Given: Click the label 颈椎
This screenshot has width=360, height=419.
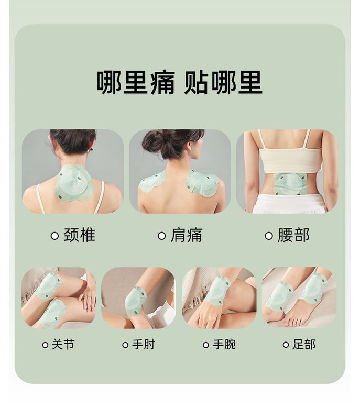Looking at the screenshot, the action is point(79,235).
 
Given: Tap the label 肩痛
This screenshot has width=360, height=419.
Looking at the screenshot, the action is point(187,235).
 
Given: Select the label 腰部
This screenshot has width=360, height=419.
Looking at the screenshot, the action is point(293,235).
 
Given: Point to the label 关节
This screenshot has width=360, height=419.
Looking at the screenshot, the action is point(63,344).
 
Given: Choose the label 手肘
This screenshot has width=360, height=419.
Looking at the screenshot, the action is point(144,344).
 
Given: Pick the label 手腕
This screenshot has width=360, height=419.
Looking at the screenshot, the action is point(224,344).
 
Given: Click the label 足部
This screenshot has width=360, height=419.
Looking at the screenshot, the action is point(304,344).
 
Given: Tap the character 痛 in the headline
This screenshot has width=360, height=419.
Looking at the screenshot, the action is point(162,83).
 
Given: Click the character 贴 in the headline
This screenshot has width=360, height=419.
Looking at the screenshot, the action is point(197,83).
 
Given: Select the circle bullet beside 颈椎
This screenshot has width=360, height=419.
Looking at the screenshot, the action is point(54,236).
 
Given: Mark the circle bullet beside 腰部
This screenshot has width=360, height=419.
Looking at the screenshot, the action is point(269,236).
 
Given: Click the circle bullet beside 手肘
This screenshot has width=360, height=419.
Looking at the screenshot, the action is point(125,345).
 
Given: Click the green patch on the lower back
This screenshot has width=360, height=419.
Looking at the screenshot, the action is point(290,184).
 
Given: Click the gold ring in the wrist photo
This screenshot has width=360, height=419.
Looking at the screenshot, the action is point(204,324).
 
